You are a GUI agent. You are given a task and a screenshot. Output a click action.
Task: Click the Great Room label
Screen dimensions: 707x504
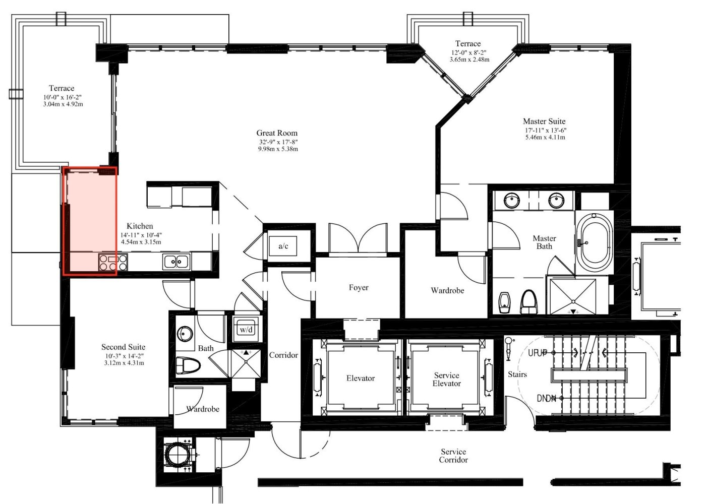277,133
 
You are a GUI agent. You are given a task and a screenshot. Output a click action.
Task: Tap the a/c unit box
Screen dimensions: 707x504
283,246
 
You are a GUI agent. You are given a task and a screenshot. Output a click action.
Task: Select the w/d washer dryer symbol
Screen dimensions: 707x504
246,330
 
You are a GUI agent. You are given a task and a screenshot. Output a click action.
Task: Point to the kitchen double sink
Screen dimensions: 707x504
176,262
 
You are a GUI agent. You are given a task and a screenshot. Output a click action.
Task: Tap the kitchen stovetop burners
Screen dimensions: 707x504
113,263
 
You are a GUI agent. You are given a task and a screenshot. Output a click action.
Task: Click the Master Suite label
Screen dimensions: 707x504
544,121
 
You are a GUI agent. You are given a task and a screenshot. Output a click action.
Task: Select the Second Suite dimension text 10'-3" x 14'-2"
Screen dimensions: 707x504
125,356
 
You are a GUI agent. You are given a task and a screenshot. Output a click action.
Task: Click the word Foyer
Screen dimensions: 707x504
358,287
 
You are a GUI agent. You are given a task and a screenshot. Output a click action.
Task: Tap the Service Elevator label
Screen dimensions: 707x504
446,379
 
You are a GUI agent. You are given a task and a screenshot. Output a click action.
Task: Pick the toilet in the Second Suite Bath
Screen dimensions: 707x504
188,366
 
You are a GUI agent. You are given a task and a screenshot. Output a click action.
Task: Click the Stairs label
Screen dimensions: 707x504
517,374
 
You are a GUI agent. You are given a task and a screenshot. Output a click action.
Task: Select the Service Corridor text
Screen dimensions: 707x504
453,456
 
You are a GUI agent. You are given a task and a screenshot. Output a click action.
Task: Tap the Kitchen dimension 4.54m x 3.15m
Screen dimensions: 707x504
141,242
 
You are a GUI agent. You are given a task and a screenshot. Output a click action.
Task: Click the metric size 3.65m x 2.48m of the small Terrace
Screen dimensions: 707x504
469,59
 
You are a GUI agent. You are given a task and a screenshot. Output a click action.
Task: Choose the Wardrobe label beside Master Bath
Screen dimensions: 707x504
447,290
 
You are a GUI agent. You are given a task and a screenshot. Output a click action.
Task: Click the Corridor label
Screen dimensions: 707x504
283,355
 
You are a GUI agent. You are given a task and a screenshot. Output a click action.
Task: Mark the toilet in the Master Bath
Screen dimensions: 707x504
529,301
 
